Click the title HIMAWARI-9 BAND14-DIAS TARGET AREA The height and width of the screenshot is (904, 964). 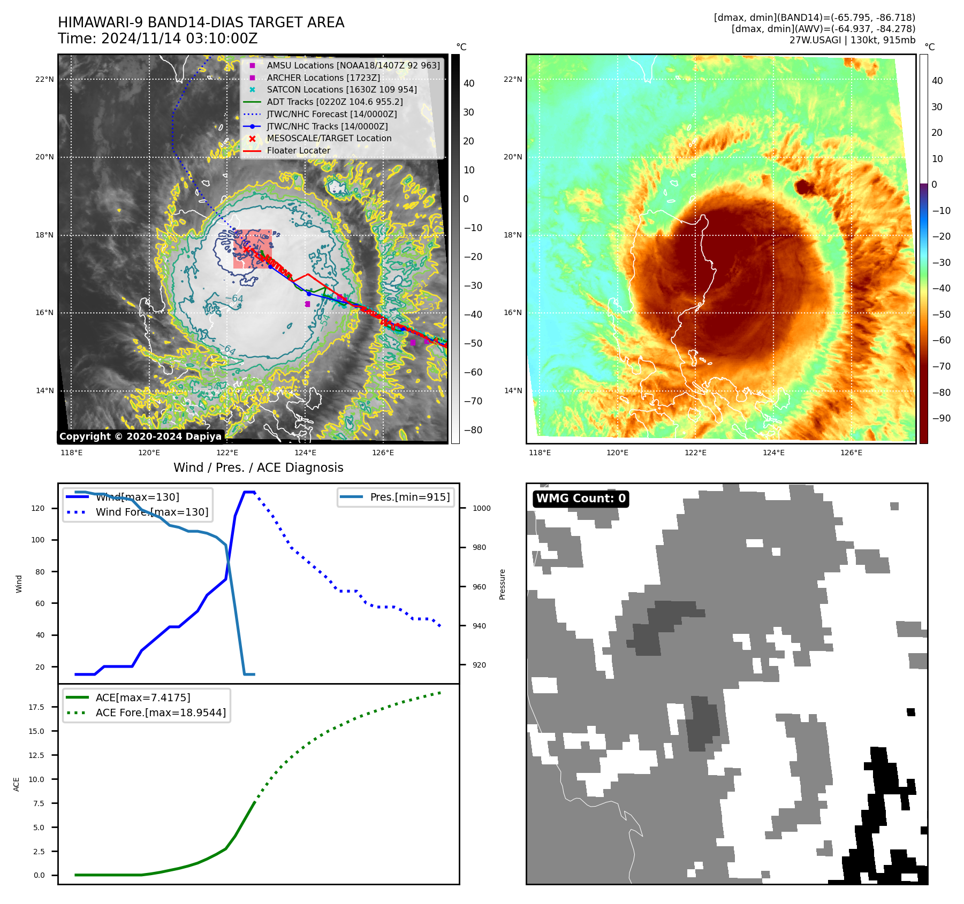(x=201, y=23)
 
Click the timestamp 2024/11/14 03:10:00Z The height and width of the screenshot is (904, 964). (x=179, y=39)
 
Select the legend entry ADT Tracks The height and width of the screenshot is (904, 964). (x=335, y=102)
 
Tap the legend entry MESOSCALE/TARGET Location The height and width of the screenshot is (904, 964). (x=329, y=138)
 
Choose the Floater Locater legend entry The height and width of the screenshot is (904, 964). (x=298, y=150)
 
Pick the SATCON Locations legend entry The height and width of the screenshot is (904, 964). (x=341, y=89)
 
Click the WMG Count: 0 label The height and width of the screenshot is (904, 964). (x=581, y=499)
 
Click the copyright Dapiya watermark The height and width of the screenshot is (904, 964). (x=140, y=436)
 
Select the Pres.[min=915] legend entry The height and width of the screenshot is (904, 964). (x=409, y=497)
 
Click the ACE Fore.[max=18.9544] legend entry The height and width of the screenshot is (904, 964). (x=161, y=713)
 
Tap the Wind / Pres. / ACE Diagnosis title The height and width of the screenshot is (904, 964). (x=258, y=468)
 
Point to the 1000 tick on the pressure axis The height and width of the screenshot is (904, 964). (x=481, y=508)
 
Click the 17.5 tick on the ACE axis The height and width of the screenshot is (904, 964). (x=36, y=707)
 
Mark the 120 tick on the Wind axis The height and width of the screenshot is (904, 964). (x=38, y=508)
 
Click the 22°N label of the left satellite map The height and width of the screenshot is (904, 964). (x=44, y=80)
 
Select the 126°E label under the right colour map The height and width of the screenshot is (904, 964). (x=851, y=453)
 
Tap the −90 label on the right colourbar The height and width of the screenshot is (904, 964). (x=941, y=418)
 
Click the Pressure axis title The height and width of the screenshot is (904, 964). (x=502, y=584)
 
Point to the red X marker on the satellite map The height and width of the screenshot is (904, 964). (x=246, y=249)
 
